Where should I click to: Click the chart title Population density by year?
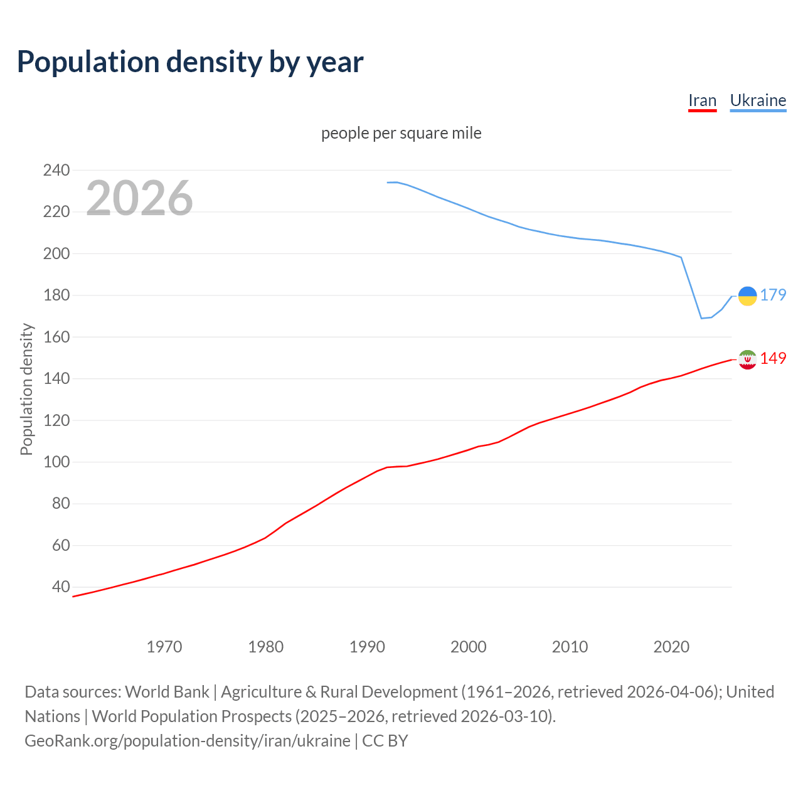click(x=190, y=62)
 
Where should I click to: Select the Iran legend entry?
click(x=702, y=100)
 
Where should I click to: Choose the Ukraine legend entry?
click(x=758, y=100)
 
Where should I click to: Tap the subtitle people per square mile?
click(x=401, y=133)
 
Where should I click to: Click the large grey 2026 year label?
click(x=139, y=198)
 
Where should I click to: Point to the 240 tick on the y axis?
click(x=56, y=170)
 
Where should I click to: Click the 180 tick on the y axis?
click(x=56, y=295)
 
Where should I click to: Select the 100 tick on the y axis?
click(x=56, y=462)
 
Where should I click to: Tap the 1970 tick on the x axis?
click(x=164, y=647)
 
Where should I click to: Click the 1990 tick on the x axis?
click(x=367, y=647)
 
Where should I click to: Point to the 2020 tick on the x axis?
click(x=671, y=647)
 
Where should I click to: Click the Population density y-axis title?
click(x=26, y=389)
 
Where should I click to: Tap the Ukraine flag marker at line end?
click(x=747, y=295)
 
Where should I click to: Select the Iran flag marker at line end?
click(x=747, y=359)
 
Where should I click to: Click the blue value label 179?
click(x=773, y=295)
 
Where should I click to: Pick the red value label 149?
click(x=773, y=358)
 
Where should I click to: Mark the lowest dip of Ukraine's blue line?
click(x=702, y=318)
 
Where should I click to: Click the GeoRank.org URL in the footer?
click(x=188, y=741)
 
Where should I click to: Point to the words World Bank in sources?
click(x=167, y=692)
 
